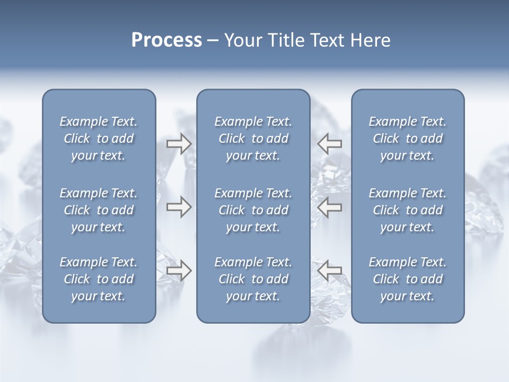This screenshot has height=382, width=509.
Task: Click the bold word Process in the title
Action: (x=166, y=40)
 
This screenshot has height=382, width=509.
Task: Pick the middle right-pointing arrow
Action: (x=179, y=207)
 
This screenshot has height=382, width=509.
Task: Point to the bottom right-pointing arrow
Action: (x=179, y=271)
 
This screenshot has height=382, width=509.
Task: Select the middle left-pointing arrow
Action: (x=329, y=207)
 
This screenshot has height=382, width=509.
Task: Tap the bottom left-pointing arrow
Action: (x=329, y=271)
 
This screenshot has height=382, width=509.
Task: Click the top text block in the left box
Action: (x=99, y=138)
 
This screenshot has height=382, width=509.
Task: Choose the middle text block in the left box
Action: (x=99, y=210)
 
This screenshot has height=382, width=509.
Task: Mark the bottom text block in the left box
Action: (x=99, y=279)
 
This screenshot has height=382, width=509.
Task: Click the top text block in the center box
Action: (x=253, y=138)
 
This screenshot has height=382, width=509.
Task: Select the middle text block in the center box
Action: (x=253, y=210)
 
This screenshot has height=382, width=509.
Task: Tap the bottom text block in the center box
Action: (x=253, y=279)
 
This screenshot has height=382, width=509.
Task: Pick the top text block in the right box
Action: (x=408, y=138)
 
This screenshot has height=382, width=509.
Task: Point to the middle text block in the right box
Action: (x=408, y=210)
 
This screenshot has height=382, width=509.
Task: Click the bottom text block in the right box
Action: (x=408, y=279)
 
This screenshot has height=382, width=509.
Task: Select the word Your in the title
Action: (x=241, y=40)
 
